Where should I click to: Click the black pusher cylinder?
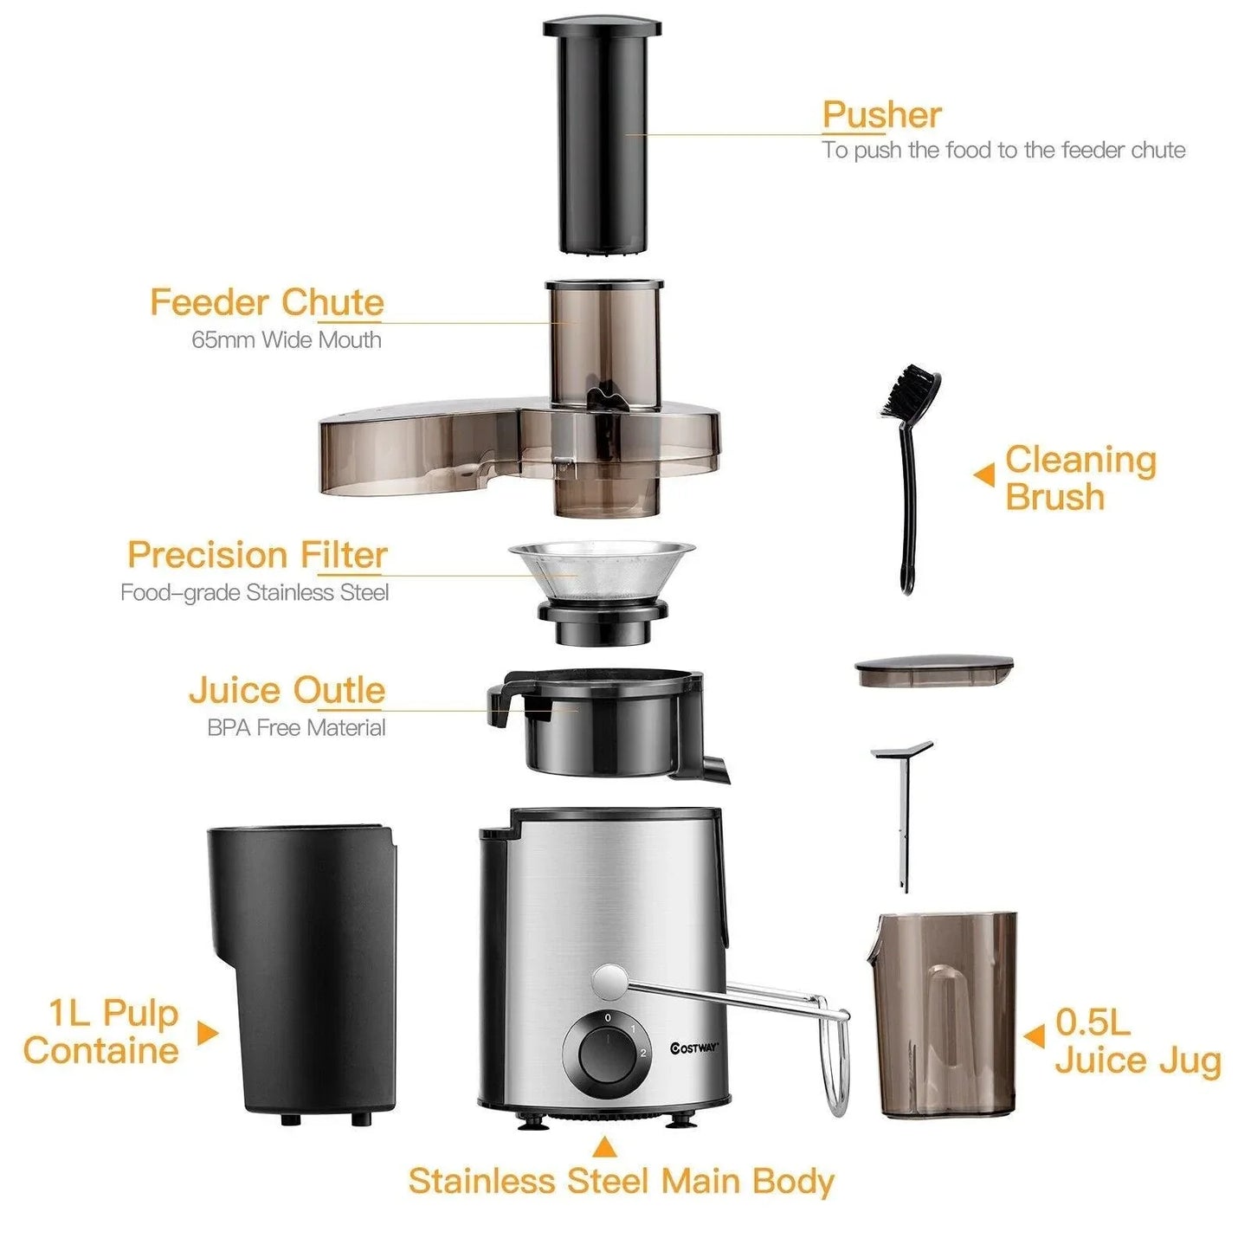pos(603,139)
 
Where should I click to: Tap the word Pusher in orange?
pos(881,115)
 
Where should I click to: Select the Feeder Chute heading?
pos(267,303)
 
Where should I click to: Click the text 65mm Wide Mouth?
pos(287,339)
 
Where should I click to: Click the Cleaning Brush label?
pos(1080,478)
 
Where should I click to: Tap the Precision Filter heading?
pos(257,555)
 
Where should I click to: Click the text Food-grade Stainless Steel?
pos(255,593)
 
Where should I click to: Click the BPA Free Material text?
pos(296,728)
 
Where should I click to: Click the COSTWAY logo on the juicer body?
pos(694,1048)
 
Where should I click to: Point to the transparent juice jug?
pos(944,1013)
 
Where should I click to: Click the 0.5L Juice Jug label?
pos(1137,1041)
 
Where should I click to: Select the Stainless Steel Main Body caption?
pos(621,1182)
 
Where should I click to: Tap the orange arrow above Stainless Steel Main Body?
pos(605,1148)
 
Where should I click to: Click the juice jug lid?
pos(934,671)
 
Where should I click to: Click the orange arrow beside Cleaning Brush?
pos(984,474)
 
